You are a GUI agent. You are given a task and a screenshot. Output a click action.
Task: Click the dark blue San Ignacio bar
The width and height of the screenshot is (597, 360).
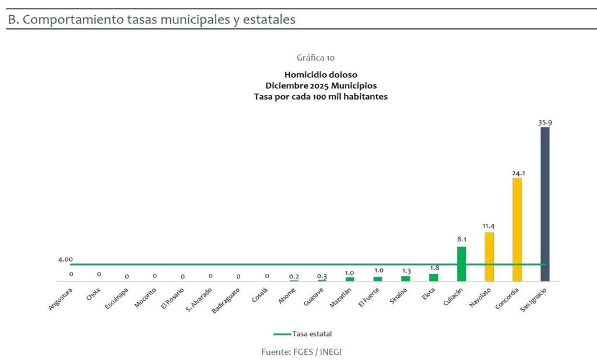click(545, 204)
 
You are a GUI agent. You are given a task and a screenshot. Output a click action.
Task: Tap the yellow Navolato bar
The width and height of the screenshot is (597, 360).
click(489, 256)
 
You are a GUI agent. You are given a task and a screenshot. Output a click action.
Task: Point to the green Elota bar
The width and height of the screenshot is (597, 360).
click(433, 277)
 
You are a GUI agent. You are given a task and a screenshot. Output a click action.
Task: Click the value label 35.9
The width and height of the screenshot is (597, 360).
click(545, 122)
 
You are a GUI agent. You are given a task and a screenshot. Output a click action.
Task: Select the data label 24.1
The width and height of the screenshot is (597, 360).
click(517, 172)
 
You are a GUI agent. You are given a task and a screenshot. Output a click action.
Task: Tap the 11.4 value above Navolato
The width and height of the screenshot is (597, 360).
click(489, 226)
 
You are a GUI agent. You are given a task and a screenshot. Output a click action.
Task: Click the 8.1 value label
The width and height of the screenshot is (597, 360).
click(461, 239)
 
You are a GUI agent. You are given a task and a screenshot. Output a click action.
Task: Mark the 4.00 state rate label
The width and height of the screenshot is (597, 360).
click(65, 259)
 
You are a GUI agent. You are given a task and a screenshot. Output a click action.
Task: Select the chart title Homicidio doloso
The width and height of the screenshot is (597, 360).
click(321, 75)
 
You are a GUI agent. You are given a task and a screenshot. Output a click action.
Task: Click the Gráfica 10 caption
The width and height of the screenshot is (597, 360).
click(315, 58)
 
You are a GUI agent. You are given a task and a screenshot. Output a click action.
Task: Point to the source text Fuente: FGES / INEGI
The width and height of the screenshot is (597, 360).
click(305, 352)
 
